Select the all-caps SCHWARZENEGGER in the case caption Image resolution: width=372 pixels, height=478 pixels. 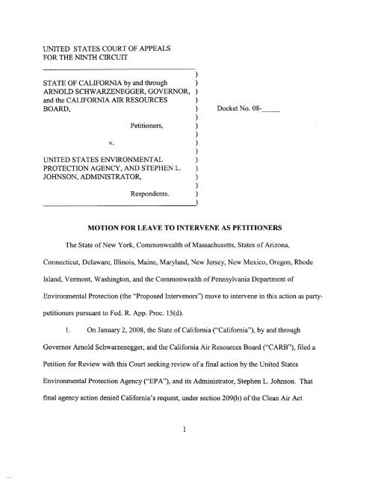tap(97, 93)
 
